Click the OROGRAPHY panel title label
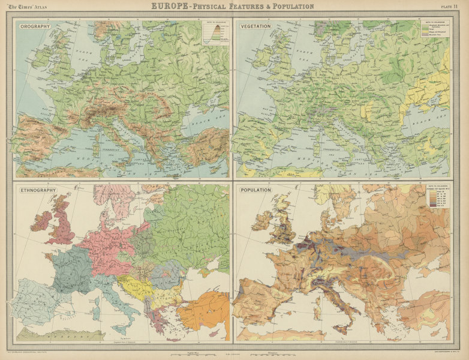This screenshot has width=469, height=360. [x=35, y=26]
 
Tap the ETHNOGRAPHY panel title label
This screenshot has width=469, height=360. [x=38, y=190]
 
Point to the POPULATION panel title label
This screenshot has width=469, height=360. [x=256, y=190]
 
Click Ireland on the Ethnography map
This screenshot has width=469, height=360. [x=41, y=221]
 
